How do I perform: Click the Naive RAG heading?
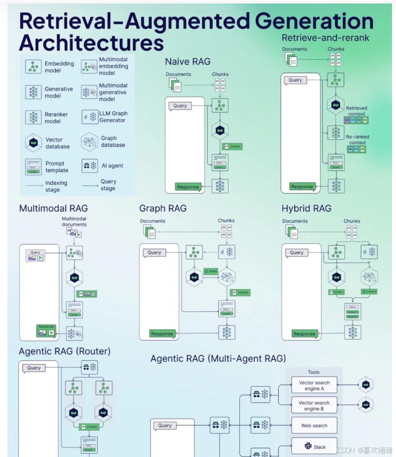188,61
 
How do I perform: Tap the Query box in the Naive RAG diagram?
180,106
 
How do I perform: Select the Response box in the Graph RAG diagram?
162,334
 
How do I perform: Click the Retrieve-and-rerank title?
325,38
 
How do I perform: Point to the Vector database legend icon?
33,143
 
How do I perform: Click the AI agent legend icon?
90,166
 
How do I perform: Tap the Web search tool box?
314,425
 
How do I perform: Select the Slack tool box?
314,447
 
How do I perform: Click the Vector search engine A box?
314,386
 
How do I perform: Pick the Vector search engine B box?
314,405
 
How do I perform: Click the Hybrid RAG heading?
306,209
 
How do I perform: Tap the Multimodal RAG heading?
53,208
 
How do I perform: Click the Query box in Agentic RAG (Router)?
34,368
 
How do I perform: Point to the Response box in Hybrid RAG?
304,334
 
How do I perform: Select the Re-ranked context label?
357,140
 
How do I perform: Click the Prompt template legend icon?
33,167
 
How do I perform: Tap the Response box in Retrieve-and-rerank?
302,186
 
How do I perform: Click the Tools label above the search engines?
314,372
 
